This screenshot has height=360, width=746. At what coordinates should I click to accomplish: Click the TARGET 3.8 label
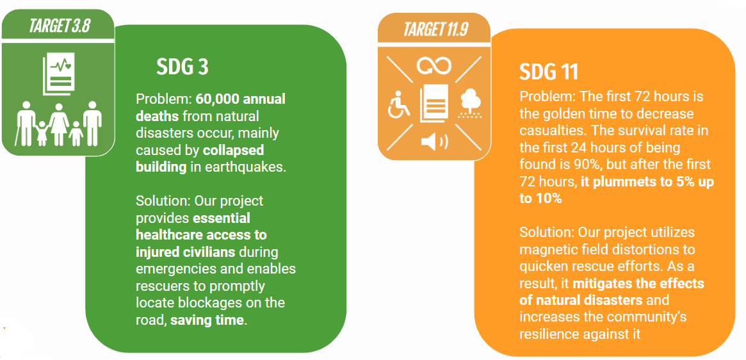pos(60,25)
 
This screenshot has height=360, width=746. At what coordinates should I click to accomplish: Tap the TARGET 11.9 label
pos(435,29)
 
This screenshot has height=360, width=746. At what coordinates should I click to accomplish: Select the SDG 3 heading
pos(182,68)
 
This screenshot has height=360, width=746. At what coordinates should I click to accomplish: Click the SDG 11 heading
pos(549,72)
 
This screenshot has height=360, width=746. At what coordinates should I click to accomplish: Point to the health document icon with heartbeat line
pos(59,75)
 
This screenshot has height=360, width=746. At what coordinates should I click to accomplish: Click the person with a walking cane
pos(26,123)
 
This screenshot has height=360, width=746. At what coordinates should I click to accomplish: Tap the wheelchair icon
pos(398,105)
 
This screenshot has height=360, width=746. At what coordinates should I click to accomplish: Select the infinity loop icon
pos(434,67)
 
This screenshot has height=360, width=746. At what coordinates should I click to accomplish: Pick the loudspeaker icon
pos(434,142)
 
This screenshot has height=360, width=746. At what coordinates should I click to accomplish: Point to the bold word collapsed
pos(233,151)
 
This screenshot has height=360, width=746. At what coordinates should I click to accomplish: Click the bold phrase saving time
pos(207,320)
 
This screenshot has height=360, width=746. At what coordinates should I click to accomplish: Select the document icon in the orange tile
pos(434,104)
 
